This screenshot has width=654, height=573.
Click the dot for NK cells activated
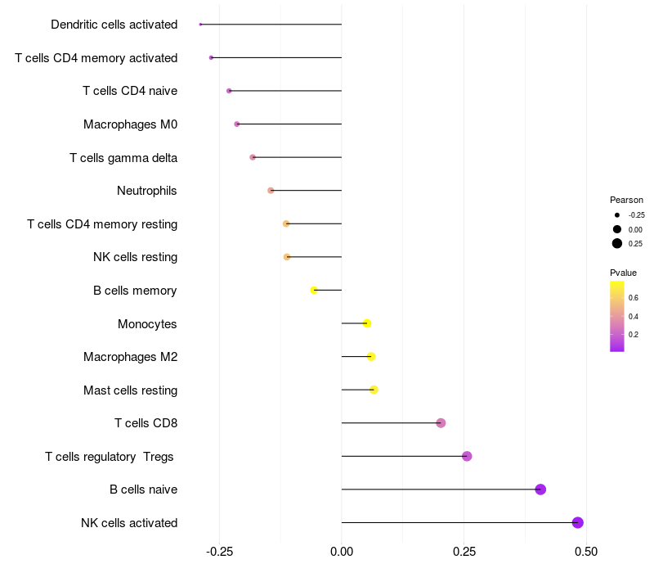(578, 522)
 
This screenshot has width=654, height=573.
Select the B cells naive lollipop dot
(540, 490)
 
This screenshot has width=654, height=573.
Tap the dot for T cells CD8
(441, 423)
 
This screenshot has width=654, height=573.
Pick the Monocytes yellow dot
(367, 323)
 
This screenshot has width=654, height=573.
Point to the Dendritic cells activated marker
(200, 25)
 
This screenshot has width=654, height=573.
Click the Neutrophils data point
(271, 191)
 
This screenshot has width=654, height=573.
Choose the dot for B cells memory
(314, 290)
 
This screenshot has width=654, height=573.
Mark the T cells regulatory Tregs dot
(467, 456)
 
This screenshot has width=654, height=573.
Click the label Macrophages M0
(130, 124)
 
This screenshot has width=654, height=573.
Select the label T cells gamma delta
(123, 157)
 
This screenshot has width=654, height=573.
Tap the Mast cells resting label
(130, 390)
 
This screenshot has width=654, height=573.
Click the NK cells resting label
(135, 257)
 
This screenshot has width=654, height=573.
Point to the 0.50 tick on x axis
(586, 552)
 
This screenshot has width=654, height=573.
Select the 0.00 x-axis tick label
(342, 552)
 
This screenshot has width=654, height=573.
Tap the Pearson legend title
(626, 200)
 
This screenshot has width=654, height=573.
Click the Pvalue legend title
(623, 273)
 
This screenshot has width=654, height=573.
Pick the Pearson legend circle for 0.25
(617, 243)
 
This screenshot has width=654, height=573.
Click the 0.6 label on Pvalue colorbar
(634, 297)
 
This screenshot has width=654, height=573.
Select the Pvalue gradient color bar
(617, 316)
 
